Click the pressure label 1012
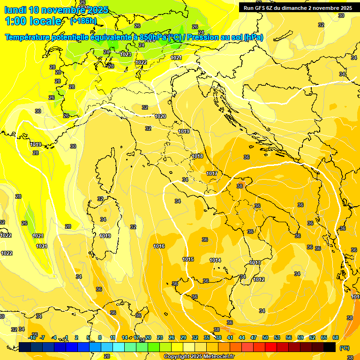259,279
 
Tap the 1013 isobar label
255,262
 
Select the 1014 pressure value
215,260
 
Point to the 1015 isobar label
188,259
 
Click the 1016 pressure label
159,246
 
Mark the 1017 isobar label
212,173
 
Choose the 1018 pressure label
197,156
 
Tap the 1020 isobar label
160,116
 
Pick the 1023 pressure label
126,54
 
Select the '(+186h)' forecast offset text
83,21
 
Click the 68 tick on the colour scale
336,337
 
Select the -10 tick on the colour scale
32,337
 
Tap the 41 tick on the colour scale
230,337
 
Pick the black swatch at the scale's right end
330,347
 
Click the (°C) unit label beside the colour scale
345,348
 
